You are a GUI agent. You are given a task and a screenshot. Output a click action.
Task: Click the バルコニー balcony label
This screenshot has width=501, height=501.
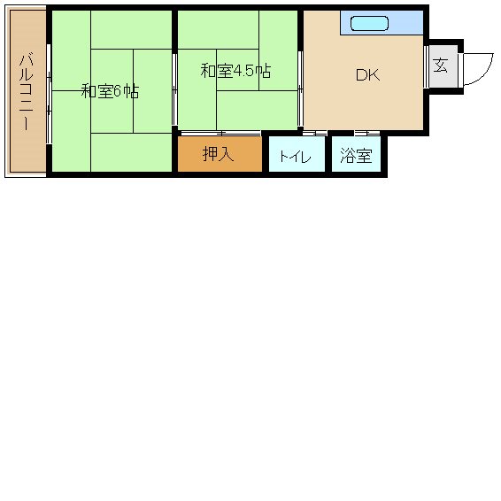(x=27, y=91)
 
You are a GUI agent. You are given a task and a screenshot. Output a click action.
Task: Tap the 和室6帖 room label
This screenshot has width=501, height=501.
(x=109, y=91)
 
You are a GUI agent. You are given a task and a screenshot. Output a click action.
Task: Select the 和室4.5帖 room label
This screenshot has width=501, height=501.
(x=235, y=71)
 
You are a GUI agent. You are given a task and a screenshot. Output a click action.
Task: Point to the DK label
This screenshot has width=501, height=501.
(x=367, y=75)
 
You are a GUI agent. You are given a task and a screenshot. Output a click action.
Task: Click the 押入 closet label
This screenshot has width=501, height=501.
(x=218, y=154)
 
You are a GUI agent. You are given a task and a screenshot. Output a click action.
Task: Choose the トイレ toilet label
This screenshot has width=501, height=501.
(x=295, y=157)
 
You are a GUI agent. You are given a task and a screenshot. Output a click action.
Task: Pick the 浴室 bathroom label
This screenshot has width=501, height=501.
(x=356, y=157)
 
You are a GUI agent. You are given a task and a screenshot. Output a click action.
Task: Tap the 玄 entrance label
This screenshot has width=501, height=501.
(x=441, y=66)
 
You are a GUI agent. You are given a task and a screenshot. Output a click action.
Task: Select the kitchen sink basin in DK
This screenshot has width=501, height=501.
(x=369, y=23)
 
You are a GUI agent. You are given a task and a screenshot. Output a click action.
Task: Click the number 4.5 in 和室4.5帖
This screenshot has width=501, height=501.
(x=244, y=71)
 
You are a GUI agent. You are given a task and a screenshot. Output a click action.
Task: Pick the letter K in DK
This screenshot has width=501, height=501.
(x=374, y=75)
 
